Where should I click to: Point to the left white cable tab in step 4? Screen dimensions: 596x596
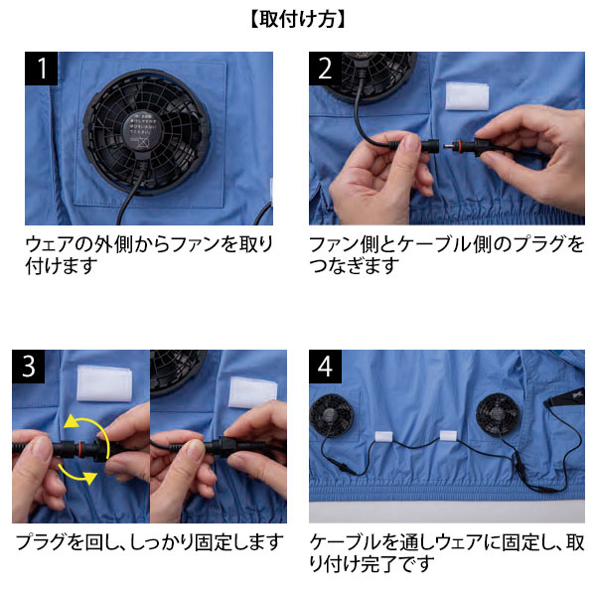381,437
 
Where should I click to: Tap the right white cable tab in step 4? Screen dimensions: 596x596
448,436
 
